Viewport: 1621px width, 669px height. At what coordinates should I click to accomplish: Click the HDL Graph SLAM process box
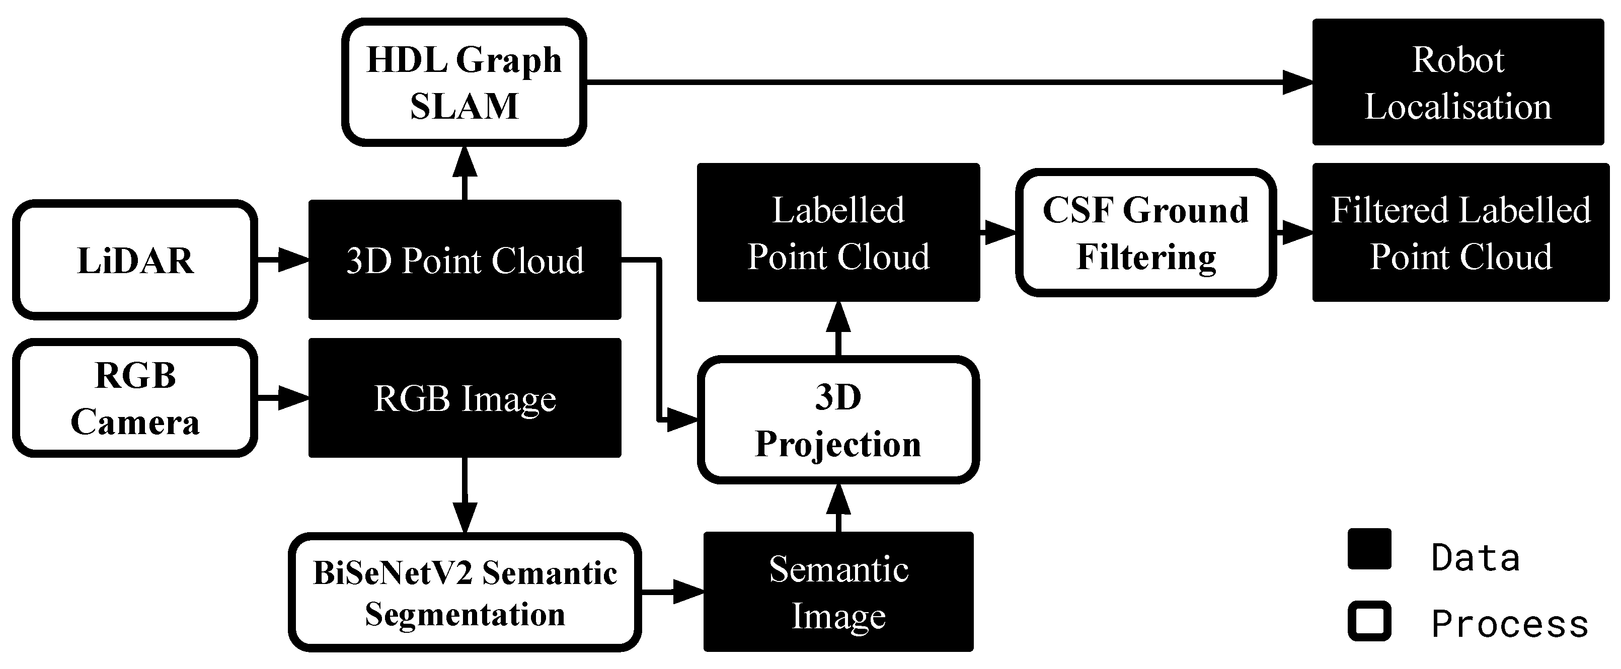464,82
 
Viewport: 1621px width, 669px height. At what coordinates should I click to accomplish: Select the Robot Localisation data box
1457,82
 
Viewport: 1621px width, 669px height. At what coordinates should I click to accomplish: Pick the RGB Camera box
135,398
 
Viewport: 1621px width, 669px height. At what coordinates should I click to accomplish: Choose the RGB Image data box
465,398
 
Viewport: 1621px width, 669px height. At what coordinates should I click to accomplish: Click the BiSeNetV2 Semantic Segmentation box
465,593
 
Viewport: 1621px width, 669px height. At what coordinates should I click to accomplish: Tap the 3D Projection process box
838,420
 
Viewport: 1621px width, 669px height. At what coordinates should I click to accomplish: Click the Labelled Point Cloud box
838,232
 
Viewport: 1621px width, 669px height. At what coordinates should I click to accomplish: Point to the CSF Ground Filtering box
1145,232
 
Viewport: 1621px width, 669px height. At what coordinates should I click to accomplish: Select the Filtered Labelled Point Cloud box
1460,232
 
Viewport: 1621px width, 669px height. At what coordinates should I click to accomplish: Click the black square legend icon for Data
1369,549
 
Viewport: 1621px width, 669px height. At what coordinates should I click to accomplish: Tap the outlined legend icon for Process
1369,621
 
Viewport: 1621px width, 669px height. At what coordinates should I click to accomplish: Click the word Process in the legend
1509,624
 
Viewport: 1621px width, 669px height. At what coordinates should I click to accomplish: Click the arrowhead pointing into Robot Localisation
1297,82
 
